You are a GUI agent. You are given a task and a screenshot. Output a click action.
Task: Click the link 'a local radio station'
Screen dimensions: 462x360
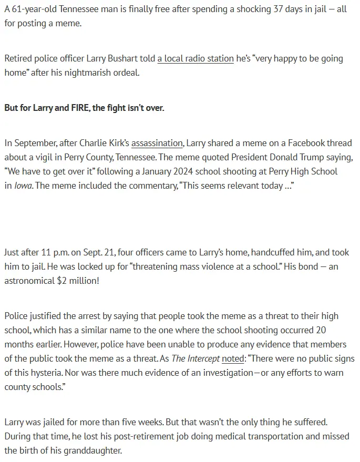click(195, 59)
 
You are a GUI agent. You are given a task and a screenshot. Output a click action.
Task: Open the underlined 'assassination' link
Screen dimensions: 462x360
click(157, 143)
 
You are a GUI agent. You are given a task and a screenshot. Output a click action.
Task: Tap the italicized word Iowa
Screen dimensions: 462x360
click(24, 186)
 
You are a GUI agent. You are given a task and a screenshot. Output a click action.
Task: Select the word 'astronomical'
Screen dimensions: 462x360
click(28, 281)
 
